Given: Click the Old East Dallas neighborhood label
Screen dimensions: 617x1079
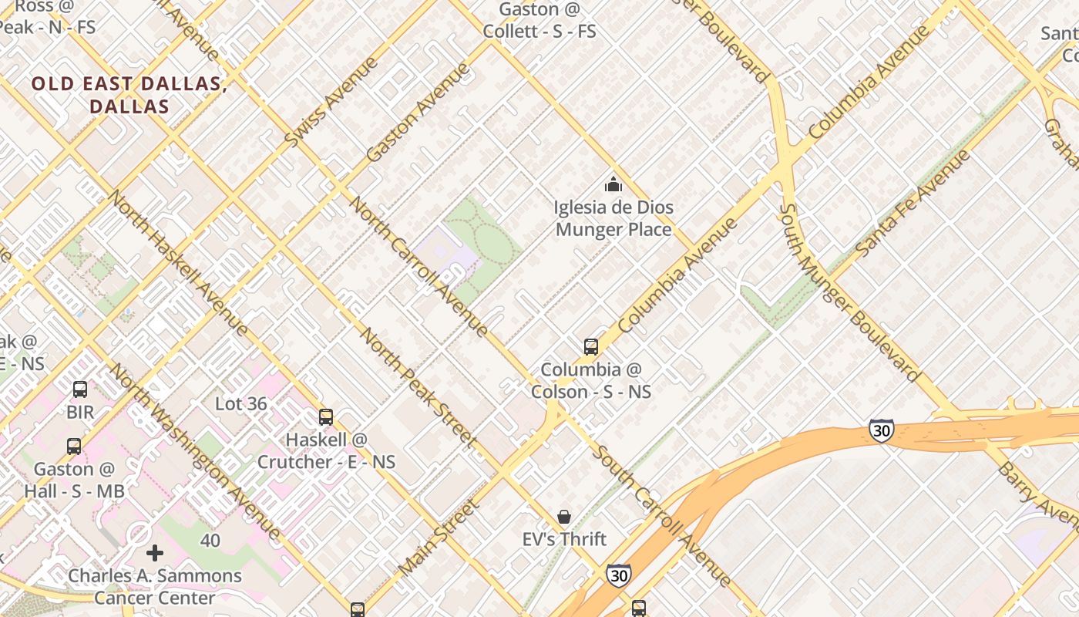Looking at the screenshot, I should (x=129, y=95).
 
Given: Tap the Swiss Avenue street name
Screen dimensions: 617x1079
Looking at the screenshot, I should (x=331, y=102).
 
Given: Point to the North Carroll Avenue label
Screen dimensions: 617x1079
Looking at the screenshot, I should (x=419, y=266).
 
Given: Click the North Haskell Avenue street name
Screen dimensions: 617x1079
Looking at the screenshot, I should (x=177, y=262).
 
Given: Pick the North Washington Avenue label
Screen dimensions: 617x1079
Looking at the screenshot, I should (x=195, y=450).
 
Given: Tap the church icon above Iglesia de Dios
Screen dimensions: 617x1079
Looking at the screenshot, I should (x=613, y=184).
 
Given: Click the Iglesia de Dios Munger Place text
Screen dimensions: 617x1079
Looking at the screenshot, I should (x=613, y=218).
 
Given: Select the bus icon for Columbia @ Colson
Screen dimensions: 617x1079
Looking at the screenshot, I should (x=591, y=346).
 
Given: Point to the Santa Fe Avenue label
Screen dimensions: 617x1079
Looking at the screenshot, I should (x=913, y=203).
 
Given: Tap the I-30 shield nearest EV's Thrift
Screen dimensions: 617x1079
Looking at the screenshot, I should (x=618, y=575).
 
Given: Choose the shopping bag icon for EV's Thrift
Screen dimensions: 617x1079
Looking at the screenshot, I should (x=564, y=516).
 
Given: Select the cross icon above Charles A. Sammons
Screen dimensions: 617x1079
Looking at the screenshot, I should (x=155, y=552).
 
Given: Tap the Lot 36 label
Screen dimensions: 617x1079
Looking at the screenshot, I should (x=241, y=403).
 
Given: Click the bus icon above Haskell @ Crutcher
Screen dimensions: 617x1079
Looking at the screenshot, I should (x=326, y=417).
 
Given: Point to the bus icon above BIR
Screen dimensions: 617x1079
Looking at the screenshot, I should (x=80, y=389).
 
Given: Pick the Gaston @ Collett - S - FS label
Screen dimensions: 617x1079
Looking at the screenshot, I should (x=539, y=21).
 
